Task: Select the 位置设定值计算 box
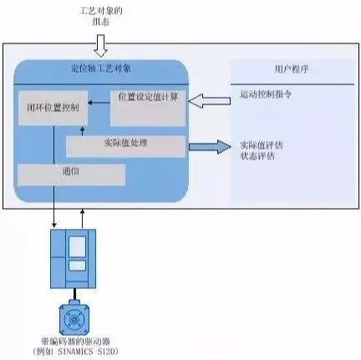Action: pos(147,99)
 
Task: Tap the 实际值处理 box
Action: pos(125,145)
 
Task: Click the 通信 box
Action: pos(70,174)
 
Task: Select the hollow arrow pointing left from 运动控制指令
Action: pos(206,103)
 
